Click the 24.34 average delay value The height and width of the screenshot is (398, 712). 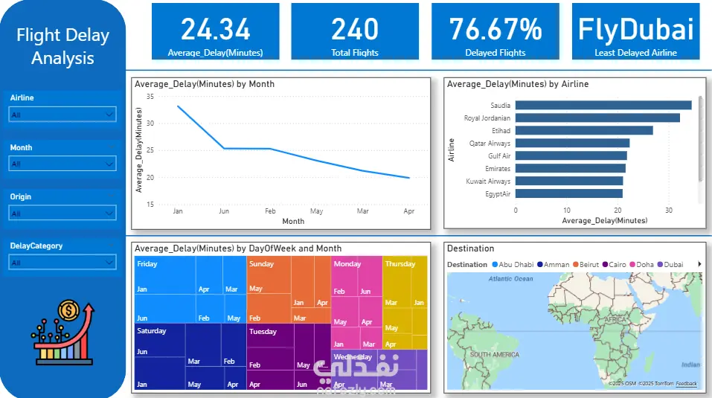coord(216,29)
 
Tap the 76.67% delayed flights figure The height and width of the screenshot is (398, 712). coord(495,29)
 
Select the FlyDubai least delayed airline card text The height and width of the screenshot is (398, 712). coord(636,29)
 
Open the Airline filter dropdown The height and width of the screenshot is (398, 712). coord(63,115)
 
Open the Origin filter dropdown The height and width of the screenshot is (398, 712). coord(63,214)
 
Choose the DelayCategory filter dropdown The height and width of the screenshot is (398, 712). coord(63,263)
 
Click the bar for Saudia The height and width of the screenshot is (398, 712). coord(603,105)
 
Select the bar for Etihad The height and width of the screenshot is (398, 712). coord(584,130)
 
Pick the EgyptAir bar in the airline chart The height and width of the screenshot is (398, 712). coord(569,193)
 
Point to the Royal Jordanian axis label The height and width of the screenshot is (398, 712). coord(487,118)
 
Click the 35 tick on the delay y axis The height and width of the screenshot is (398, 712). coord(150,97)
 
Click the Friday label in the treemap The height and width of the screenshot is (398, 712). coord(147,264)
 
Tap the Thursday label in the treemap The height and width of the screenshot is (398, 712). coord(400,264)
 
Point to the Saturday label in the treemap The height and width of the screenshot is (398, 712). coord(152,331)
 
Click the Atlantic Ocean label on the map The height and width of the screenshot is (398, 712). coord(510,279)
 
